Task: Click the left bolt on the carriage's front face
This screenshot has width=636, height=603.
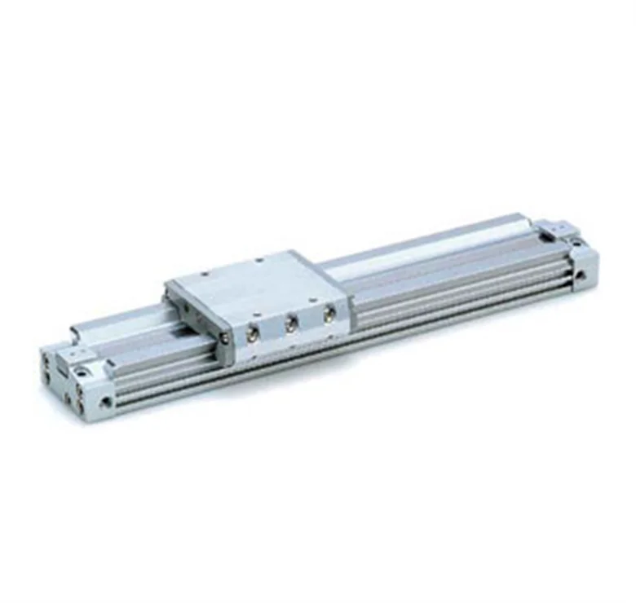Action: coord(254,334)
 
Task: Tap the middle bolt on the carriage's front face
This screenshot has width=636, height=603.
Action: coord(291,324)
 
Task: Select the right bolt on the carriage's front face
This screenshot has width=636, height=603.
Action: coord(329,315)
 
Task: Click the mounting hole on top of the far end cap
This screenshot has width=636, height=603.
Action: coord(574,242)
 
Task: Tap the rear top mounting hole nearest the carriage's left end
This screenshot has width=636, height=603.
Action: coord(210,271)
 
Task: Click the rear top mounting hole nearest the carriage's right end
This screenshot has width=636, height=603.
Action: coord(259,261)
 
